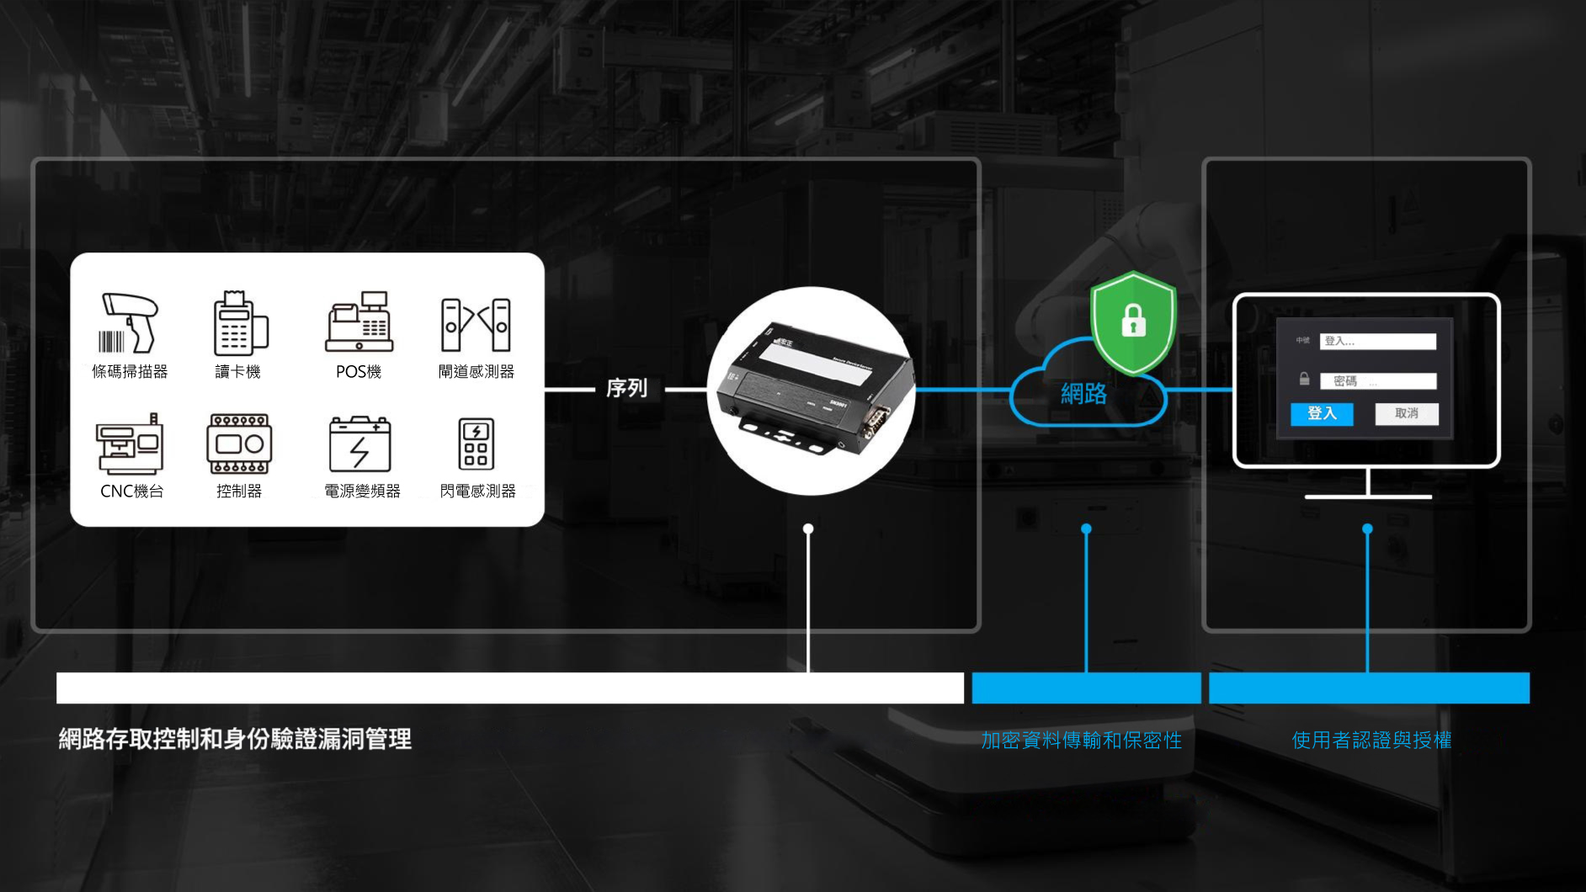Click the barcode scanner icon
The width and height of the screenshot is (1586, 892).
tap(129, 322)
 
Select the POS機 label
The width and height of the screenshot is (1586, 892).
tap(359, 371)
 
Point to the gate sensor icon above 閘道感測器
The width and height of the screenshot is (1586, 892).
tap(476, 325)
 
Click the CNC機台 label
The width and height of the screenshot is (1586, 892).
tap(131, 491)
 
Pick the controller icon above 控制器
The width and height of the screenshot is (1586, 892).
tap(239, 443)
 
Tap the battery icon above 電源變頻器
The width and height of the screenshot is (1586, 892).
tap(359, 444)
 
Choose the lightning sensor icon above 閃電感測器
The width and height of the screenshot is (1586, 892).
tap(476, 443)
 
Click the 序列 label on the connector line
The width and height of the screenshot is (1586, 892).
tap(627, 389)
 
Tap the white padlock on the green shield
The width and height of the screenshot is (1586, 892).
tap(1133, 321)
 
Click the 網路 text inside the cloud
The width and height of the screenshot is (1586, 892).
tap(1083, 393)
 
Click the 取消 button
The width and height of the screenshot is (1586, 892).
tap(1406, 413)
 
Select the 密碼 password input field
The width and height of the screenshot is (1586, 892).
tap(1377, 381)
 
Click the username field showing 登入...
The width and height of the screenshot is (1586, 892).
tap(1377, 341)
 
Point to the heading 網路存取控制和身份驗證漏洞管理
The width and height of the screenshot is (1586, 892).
tap(235, 739)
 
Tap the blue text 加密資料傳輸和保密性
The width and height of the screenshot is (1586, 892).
tap(1082, 740)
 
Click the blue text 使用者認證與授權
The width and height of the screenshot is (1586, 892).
tap(1371, 740)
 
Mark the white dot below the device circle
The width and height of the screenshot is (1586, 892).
tap(808, 528)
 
